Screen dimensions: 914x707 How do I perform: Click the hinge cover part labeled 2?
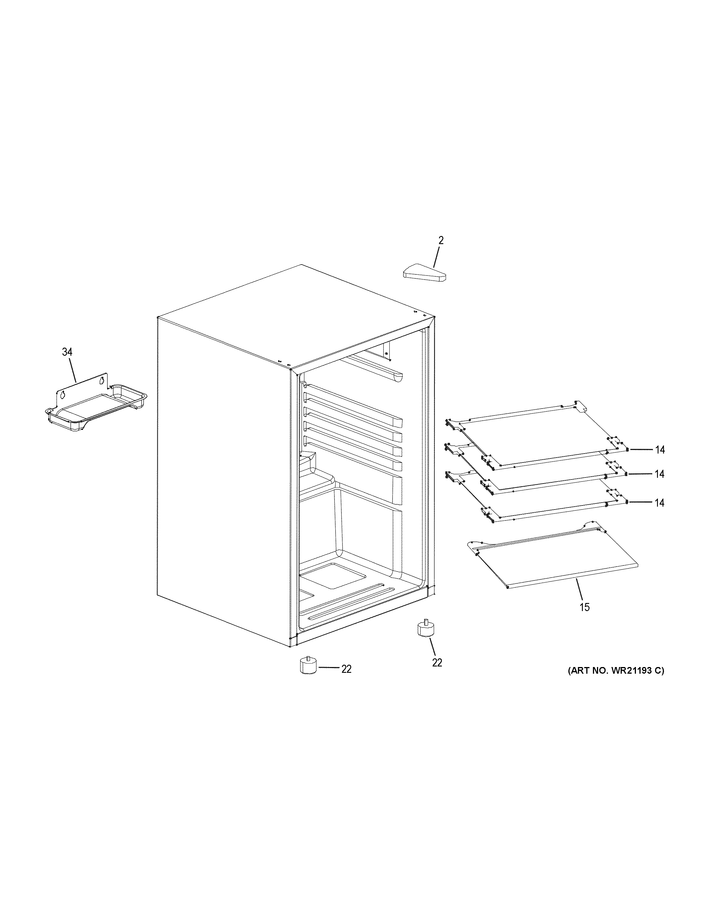coord(424,273)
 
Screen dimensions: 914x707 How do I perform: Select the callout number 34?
coord(67,352)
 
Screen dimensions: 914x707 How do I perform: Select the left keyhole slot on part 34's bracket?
coord(62,394)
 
